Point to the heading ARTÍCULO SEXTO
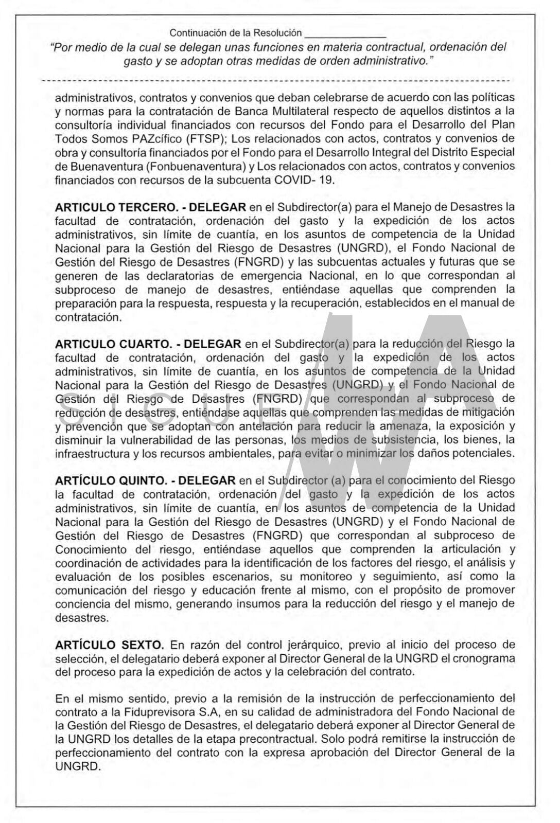coord(109,645)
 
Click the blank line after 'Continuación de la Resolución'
coord(345,33)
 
